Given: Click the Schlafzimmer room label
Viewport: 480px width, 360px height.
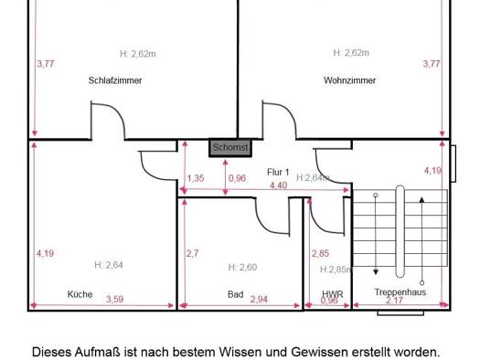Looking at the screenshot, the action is point(115,80).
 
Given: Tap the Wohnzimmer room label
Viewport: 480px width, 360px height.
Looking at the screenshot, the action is point(349,80).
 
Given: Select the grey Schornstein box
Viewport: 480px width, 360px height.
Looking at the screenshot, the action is point(230,148).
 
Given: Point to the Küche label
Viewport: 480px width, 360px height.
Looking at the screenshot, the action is point(80,294).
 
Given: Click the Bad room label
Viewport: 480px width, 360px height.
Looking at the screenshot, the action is point(236,294).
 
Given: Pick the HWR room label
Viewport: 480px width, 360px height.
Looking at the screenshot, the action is point(333,294).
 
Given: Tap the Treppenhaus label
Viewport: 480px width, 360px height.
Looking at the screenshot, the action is point(400,291).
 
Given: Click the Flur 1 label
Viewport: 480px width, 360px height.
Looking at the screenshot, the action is point(278,172).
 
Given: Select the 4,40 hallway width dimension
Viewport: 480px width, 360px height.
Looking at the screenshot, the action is point(278,185).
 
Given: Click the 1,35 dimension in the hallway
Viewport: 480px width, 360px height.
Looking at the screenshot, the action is point(196,178).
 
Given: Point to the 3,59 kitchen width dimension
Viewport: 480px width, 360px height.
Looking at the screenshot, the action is point(115,299).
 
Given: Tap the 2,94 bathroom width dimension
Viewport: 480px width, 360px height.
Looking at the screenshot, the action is point(259,299).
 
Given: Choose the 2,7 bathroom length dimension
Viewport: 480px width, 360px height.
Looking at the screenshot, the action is point(193,253).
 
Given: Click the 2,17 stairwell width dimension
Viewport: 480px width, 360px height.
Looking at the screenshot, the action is point(394,301).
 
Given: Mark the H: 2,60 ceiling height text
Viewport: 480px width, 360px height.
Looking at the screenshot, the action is point(242,268).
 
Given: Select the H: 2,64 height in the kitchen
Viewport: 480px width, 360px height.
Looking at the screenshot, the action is point(109,265).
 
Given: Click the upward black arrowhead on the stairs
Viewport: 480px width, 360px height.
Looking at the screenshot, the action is point(421,200).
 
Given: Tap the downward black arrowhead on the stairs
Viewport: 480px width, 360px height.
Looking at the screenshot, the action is point(376,271).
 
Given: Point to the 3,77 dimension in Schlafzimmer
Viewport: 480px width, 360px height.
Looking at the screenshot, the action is point(46,64).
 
